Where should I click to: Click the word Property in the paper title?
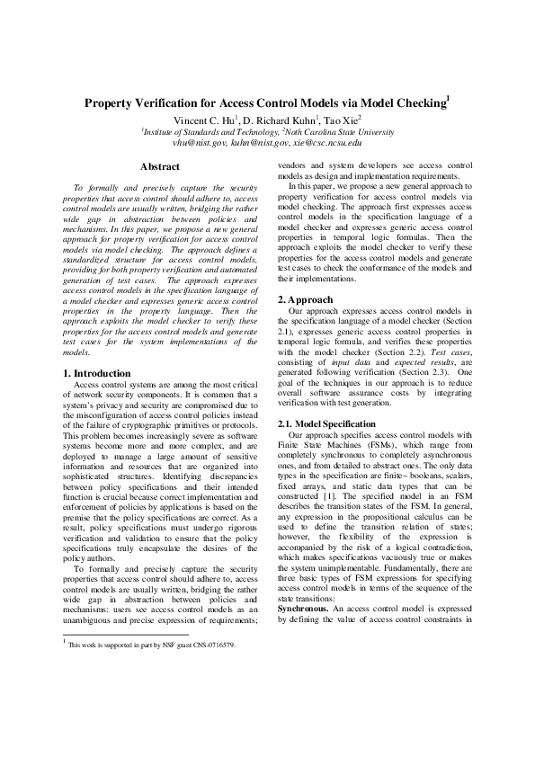click(112, 103)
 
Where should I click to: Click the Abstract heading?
click(160, 166)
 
